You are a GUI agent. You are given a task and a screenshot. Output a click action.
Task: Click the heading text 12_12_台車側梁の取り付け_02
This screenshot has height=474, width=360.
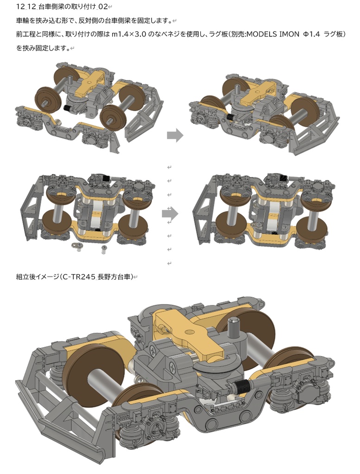point(62,6)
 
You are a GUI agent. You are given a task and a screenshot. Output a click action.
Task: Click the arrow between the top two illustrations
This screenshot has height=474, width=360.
point(175,135)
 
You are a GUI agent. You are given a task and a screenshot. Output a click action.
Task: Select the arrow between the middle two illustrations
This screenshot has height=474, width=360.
point(170,214)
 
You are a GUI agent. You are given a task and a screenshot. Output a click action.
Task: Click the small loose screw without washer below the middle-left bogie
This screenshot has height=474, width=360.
point(104,249)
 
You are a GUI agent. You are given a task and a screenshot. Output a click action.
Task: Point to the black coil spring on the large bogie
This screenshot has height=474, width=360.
point(241,387)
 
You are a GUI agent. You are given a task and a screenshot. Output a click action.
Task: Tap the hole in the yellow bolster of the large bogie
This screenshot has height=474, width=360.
point(190,332)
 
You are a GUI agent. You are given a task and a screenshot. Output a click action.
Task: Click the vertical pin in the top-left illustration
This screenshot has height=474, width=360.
point(70,81)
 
